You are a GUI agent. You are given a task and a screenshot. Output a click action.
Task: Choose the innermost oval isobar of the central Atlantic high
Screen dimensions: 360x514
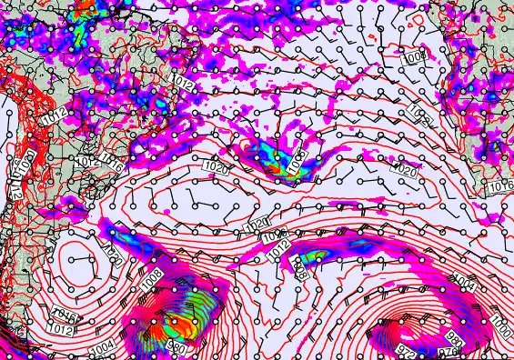(x=197, y=194)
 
